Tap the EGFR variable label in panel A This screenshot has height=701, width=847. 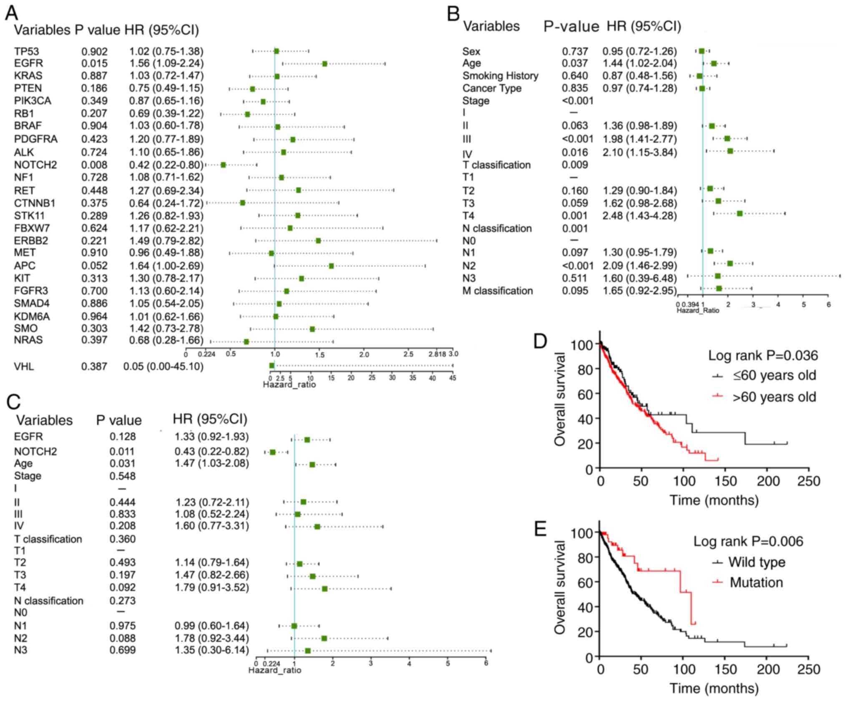coord(28,63)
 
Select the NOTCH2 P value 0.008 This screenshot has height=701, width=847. coord(94,165)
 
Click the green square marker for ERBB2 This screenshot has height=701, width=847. coord(318,241)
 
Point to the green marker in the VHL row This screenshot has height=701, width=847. coord(272,366)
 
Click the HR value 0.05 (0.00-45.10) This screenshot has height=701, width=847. coord(163,367)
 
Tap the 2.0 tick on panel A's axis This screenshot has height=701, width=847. coord(364,354)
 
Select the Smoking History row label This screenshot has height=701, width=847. coord(500,76)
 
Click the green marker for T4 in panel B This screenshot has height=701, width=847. coord(739,214)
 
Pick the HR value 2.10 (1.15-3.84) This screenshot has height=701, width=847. coord(639,153)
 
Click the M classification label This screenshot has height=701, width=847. coord(497,291)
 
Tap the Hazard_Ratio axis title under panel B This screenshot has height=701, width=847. coord(698,310)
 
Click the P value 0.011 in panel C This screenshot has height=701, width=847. coord(122,452)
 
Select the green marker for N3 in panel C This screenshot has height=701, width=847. coord(308,651)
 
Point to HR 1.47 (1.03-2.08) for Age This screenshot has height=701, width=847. coord(211,463)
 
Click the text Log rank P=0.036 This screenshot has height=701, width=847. coord(763,355)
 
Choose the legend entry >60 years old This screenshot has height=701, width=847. coord(774,397)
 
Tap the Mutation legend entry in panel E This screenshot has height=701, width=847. coord(756,583)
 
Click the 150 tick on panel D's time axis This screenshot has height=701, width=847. coord(726,481)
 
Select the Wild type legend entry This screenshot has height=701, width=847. coord(757,562)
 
